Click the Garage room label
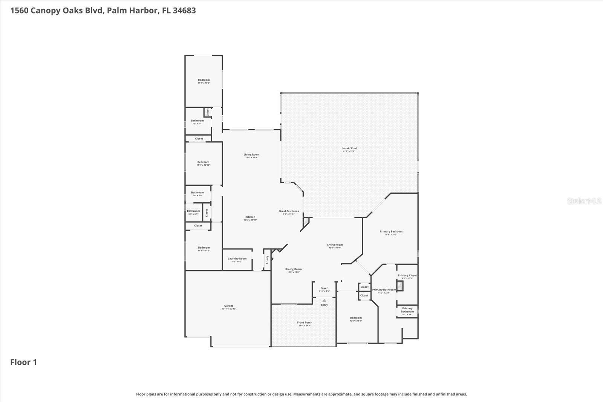(229, 306)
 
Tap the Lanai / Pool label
(349, 148)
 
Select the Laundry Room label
(237, 258)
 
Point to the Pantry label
(267, 260)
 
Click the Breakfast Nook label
(289, 211)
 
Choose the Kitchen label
(250, 217)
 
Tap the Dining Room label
(293, 269)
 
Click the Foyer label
(324, 288)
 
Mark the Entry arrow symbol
(324, 300)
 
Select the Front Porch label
(305, 323)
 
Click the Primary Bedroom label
(391, 232)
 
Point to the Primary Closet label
(407, 275)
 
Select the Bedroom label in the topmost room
(204, 80)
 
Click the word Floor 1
(23, 362)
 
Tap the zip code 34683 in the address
(184, 10)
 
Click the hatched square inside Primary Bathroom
(400, 286)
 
